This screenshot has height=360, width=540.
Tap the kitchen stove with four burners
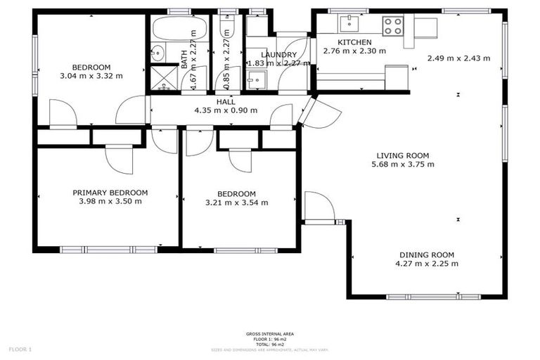tap(392, 26)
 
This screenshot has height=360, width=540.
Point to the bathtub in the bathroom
tap(179, 30)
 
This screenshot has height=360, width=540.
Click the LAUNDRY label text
tap(274, 54)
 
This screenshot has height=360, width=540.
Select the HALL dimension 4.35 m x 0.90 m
tap(226, 110)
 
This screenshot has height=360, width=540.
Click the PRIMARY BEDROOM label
tap(110, 193)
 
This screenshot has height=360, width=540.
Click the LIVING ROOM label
tap(402, 155)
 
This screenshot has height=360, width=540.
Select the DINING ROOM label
tap(427, 255)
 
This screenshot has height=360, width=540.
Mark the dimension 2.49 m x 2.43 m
tap(458, 58)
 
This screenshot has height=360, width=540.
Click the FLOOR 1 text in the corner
tap(20, 349)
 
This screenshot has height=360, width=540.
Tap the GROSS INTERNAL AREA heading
tap(270, 333)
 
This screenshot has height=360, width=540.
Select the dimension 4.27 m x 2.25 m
tap(427, 264)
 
